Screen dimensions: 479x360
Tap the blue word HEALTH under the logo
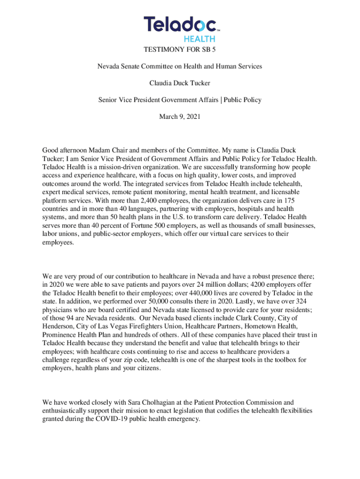click(x=199, y=39)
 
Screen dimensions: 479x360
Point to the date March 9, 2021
click(x=180, y=116)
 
